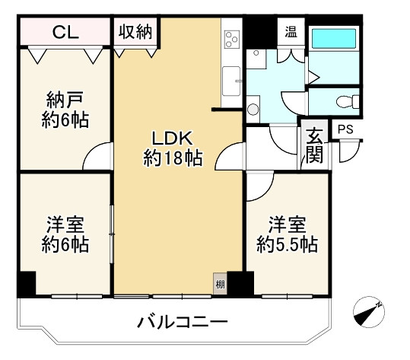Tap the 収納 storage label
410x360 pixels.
(x=135, y=33)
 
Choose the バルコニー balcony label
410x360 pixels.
(x=183, y=321)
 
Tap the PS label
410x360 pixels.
(x=345, y=130)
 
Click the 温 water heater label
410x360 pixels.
(x=291, y=33)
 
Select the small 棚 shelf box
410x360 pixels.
(x=219, y=284)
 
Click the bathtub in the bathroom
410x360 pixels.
(x=335, y=37)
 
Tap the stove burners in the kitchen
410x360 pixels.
(x=231, y=40)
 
